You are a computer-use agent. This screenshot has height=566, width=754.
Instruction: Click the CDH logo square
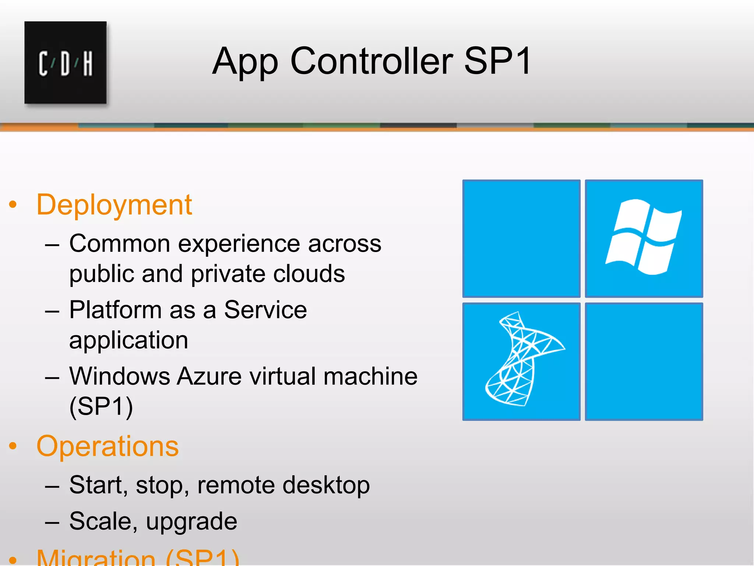click(x=66, y=63)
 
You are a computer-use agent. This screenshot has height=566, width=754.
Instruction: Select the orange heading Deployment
click(x=114, y=205)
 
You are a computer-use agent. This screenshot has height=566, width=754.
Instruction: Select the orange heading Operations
click(x=108, y=446)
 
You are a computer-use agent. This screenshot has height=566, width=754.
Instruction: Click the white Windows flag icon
click(x=644, y=237)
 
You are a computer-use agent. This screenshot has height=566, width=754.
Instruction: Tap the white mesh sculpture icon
click(x=523, y=360)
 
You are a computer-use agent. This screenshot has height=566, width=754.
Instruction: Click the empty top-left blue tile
click(x=521, y=238)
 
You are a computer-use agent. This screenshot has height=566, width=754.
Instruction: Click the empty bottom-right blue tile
click(x=644, y=361)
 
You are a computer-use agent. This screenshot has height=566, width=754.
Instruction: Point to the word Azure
click(x=209, y=376)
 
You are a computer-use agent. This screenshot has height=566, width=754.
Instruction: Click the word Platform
click(x=115, y=310)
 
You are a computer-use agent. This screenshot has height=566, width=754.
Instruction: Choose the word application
click(x=128, y=340)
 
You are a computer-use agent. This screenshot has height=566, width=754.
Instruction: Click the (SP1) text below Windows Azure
click(x=101, y=406)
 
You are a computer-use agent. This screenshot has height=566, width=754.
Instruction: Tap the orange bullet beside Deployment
click(x=13, y=205)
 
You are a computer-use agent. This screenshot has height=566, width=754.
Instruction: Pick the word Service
click(x=265, y=310)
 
